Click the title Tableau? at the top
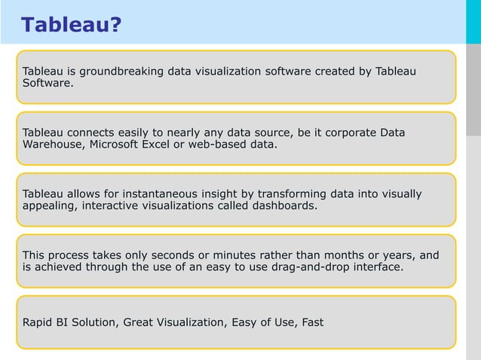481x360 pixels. click(x=71, y=25)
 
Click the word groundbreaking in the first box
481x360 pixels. click(x=115, y=72)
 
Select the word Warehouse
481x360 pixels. click(x=54, y=145)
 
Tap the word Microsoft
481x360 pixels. click(x=116, y=145)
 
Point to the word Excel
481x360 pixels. click(x=158, y=145)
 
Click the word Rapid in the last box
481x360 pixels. click(x=38, y=322)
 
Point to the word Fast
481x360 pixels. click(x=311, y=322)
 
